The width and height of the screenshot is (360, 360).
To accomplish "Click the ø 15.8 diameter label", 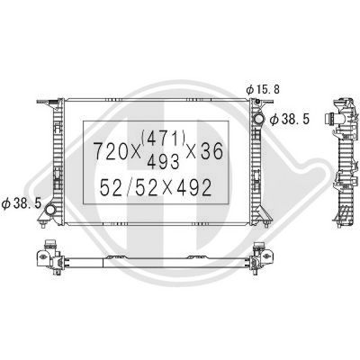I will (261, 90).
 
